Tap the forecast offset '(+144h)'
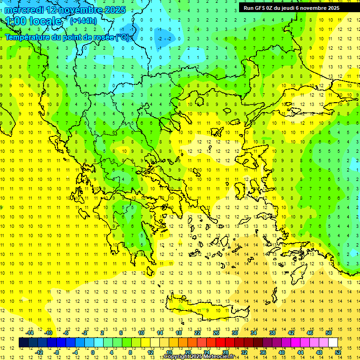tap(83, 21)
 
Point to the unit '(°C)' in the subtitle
tap(123, 37)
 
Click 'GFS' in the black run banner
tap(262, 8)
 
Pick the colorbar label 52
tap(338, 352)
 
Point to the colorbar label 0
tap(92, 352)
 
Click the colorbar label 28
tap(225, 352)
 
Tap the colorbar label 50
tap(328, 333)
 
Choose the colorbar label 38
tap(272, 333)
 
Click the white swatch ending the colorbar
tap(333, 343)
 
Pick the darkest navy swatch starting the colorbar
tap(23, 343)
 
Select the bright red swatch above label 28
tap(220, 343)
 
